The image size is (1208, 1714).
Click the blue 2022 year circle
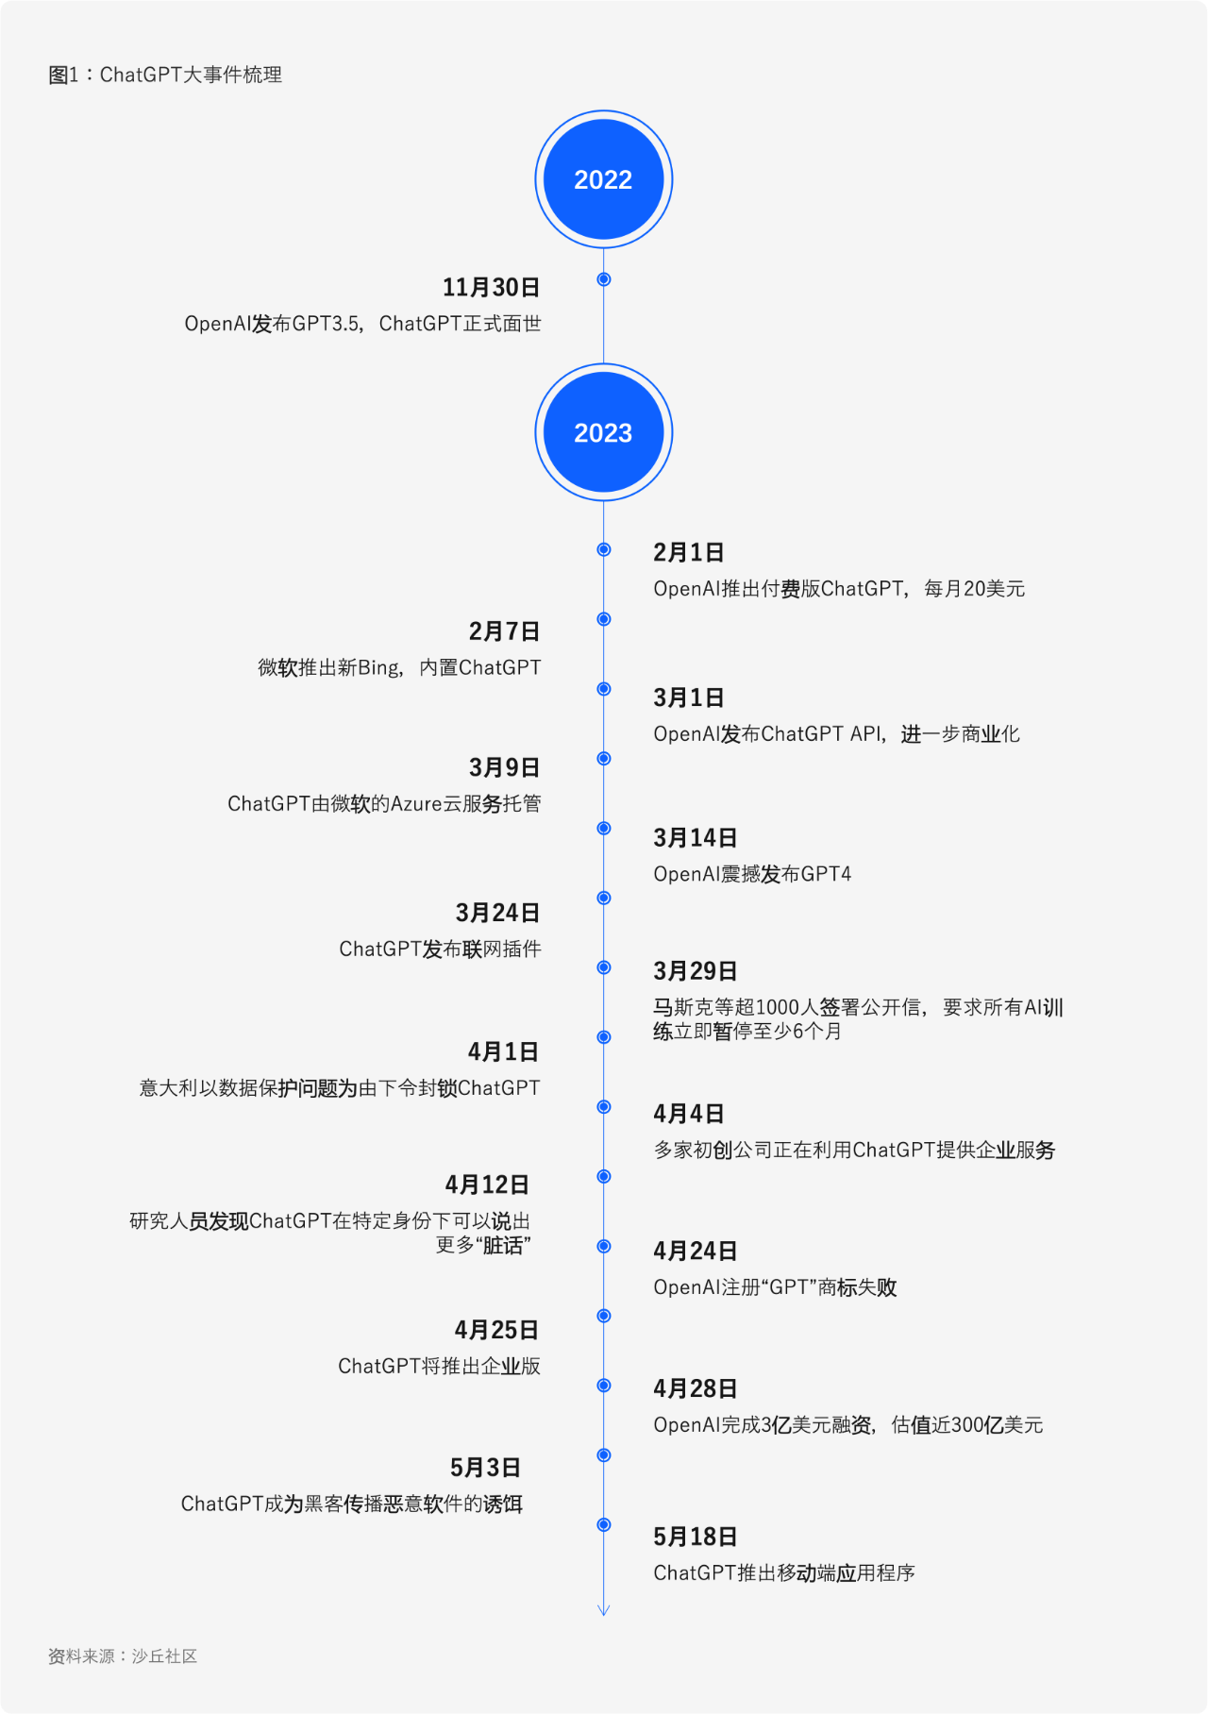click(604, 179)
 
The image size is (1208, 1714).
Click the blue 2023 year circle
click(604, 432)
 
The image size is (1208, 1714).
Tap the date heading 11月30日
click(492, 287)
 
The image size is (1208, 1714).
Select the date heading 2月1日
click(689, 552)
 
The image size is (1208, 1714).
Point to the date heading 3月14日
click(696, 837)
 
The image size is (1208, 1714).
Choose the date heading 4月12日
click(487, 1185)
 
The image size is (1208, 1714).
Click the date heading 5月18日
click(696, 1537)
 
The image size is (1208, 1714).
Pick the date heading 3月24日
click(498, 913)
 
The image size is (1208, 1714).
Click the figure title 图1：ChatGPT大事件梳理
click(165, 75)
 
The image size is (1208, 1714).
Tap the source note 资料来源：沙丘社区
click(123, 1656)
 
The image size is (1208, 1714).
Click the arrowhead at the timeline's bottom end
click(604, 1610)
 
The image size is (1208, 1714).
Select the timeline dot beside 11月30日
click(604, 279)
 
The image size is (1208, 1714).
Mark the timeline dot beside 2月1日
click(604, 549)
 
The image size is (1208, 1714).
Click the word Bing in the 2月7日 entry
click(378, 668)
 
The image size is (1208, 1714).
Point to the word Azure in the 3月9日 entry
click(416, 804)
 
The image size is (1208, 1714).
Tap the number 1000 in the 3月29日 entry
click(778, 1008)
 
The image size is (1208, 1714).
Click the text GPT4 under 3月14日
click(826, 874)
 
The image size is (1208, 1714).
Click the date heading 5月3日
click(485, 1468)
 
